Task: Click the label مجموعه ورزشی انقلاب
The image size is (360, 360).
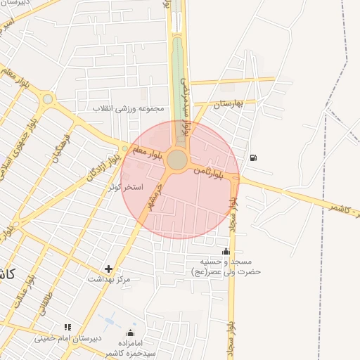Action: click(131, 109)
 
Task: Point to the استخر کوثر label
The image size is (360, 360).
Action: click(126, 188)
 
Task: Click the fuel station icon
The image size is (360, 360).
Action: click(253, 157)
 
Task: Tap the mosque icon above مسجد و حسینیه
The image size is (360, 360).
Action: click(226, 251)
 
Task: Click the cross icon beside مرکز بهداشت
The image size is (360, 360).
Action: click(108, 269)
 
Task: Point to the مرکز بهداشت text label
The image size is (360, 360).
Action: click(109, 279)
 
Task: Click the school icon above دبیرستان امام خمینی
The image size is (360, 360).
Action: click(68, 327)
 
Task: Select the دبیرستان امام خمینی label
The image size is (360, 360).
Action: click(70, 338)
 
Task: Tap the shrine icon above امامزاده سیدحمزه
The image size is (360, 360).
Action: click(130, 333)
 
